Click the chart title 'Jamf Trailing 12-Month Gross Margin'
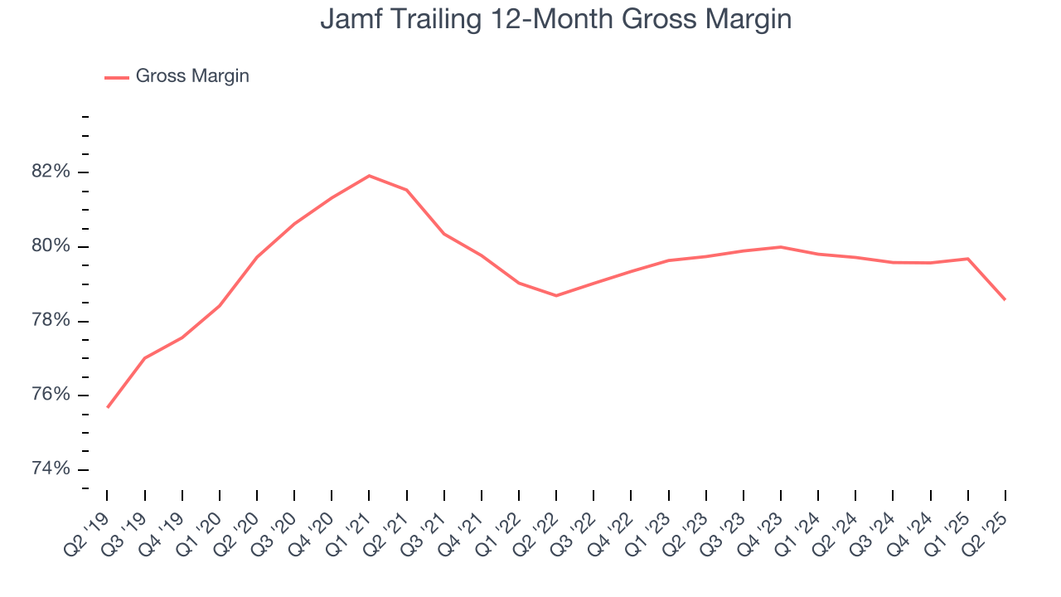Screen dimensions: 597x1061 coord(555,18)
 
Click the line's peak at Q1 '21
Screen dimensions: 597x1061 coord(369,176)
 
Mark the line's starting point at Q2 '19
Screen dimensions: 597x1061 coord(108,407)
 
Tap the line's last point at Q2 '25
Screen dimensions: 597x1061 coord(1005,299)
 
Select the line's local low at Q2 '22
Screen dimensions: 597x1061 coord(556,295)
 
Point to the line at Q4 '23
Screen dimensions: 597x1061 coord(781,247)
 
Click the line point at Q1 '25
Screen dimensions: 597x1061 coord(967,259)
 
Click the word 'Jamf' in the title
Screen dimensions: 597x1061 coord(347,18)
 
